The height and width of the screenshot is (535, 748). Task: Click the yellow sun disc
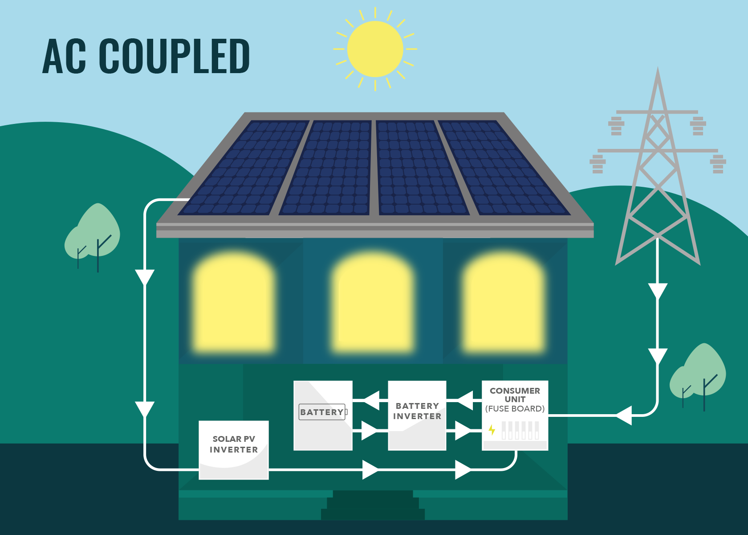point(375,49)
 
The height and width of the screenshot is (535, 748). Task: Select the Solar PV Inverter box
point(233,449)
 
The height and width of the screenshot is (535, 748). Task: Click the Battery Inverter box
point(417,415)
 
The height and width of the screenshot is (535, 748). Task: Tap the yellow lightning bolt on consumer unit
point(492,429)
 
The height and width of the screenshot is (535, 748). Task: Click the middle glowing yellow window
point(373,303)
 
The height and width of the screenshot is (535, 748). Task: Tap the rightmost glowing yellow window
point(503,303)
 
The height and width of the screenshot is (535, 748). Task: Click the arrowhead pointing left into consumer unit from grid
point(624,416)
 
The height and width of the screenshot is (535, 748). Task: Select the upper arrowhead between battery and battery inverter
point(371,400)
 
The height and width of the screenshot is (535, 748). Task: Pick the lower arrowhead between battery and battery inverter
point(370,431)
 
